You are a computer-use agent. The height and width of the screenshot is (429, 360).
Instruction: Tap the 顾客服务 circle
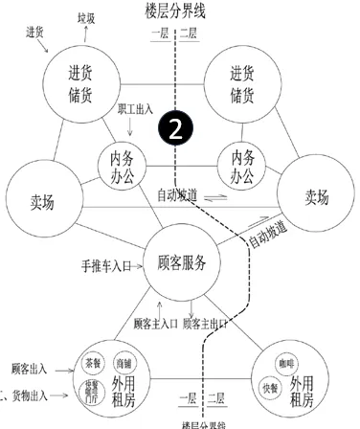click(182, 261)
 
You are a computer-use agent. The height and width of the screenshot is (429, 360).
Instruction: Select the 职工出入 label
click(136, 112)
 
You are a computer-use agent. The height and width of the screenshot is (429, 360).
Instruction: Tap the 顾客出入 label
click(30, 367)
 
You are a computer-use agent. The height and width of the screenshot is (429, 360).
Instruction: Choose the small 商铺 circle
click(123, 365)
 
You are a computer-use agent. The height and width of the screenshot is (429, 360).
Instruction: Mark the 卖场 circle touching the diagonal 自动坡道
click(315, 195)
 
